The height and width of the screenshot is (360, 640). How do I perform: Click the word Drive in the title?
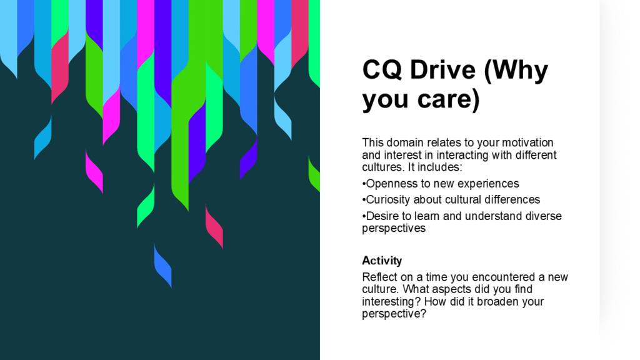coord(443,69)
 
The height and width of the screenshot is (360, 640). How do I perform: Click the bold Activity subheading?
coord(382,261)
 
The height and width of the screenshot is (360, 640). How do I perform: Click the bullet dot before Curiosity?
coord(364,200)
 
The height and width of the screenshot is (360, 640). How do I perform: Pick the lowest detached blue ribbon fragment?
coord(163,266)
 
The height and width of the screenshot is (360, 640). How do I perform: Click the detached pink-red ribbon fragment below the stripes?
coord(214,226)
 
